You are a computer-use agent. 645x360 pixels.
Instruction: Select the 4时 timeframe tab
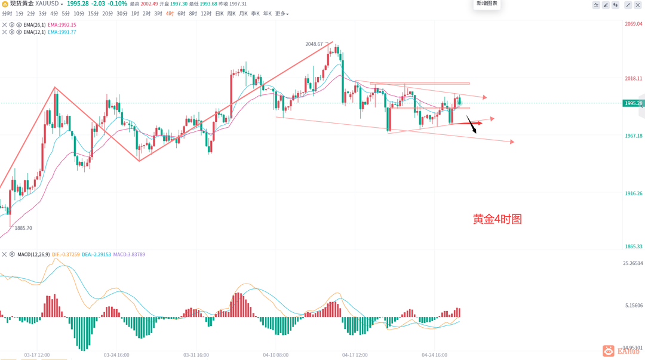click(x=170, y=14)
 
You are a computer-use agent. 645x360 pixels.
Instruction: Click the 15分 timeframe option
click(x=93, y=14)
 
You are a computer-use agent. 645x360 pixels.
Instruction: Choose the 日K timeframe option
click(x=219, y=14)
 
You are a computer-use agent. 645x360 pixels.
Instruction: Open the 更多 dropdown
click(x=281, y=14)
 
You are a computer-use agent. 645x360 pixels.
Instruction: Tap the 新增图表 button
click(x=486, y=4)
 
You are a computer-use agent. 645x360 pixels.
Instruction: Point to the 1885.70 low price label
click(x=24, y=228)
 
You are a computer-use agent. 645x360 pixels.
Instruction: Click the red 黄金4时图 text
click(x=497, y=219)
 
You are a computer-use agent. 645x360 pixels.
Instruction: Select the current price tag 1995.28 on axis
click(x=633, y=103)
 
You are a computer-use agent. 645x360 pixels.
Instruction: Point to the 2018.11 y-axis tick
click(x=633, y=78)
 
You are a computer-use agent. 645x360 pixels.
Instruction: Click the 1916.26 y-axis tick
click(x=633, y=193)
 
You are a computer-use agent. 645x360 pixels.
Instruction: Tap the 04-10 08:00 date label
click(x=275, y=355)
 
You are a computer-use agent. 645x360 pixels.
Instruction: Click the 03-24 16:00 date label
click(x=116, y=355)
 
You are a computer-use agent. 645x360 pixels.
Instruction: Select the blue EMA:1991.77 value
click(x=62, y=32)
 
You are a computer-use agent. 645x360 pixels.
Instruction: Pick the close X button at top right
click(x=640, y=5)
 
